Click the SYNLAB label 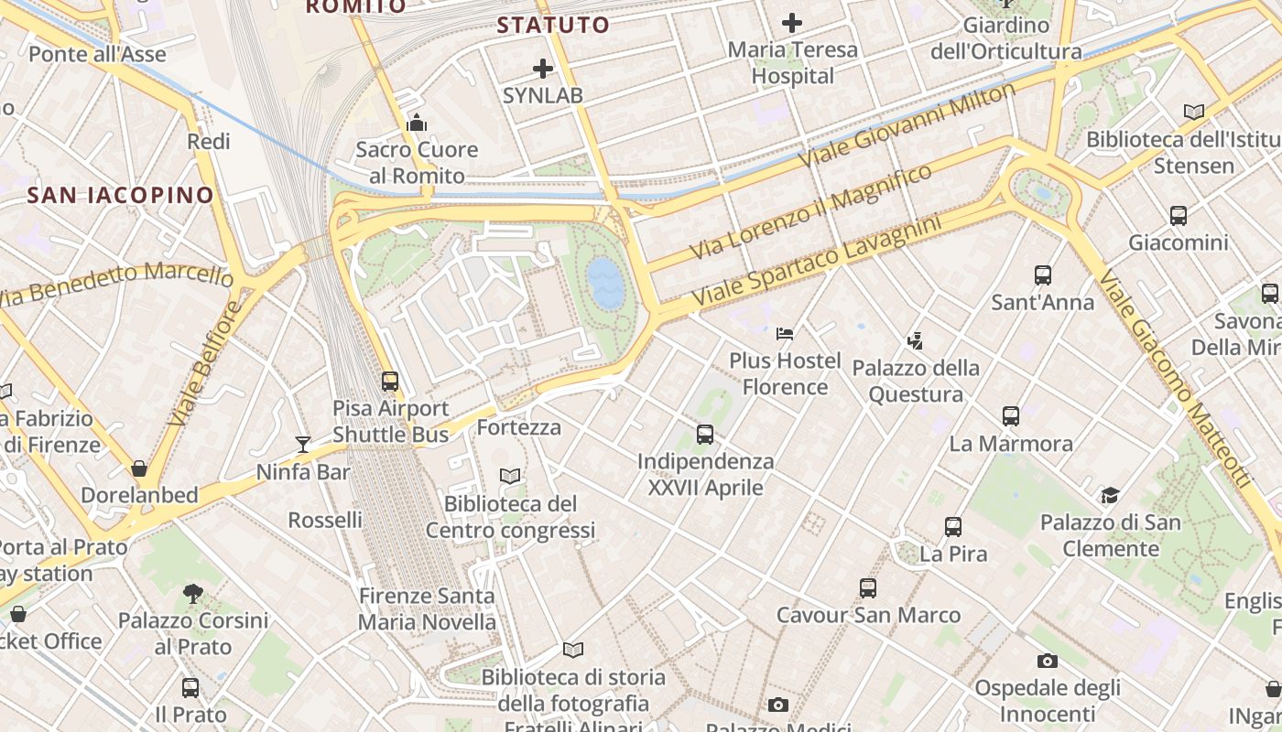click(x=542, y=95)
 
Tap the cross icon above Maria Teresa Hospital click(x=792, y=23)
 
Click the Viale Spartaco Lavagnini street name click(x=817, y=262)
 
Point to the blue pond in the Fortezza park click(x=605, y=282)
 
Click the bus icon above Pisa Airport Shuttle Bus click(x=390, y=381)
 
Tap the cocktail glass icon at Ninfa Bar click(x=303, y=445)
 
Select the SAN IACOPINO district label click(x=120, y=195)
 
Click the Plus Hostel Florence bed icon click(x=785, y=334)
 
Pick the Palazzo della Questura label click(x=916, y=381)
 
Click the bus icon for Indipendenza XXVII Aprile click(x=705, y=435)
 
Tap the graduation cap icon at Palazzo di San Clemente click(x=1110, y=496)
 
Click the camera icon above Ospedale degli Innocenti click(x=1048, y=661)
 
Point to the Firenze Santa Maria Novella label click(x=427, y=608)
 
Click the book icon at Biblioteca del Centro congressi click(x=510, y=476)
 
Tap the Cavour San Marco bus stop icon click(x=868, y=588)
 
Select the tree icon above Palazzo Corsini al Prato click(x=192, y=594)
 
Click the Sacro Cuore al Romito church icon click(x=417, y=123)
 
